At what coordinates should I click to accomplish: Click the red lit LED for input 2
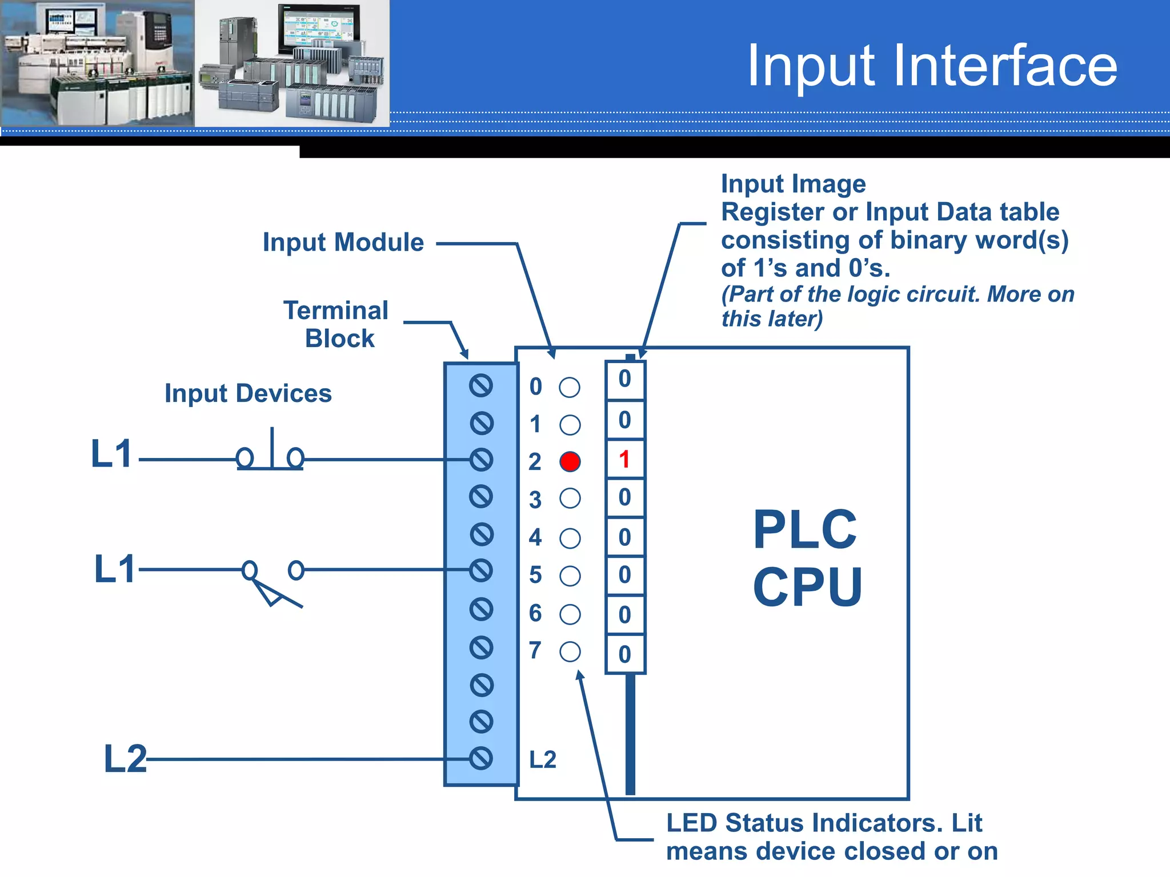570,461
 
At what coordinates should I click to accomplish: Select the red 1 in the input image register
624,459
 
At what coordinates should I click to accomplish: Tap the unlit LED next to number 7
570,651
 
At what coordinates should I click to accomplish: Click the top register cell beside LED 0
624,379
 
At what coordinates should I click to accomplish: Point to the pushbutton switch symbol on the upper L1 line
270,454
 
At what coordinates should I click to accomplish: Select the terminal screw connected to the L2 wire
481,758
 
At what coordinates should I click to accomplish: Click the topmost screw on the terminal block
481,386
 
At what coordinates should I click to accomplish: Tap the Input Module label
343,243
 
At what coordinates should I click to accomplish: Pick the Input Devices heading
248,393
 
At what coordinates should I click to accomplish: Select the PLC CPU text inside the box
807,558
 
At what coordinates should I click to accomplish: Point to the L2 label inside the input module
542,760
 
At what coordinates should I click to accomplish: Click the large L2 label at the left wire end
125,759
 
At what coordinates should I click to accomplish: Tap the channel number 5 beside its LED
535,575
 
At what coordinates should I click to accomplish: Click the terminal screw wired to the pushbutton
481,460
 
